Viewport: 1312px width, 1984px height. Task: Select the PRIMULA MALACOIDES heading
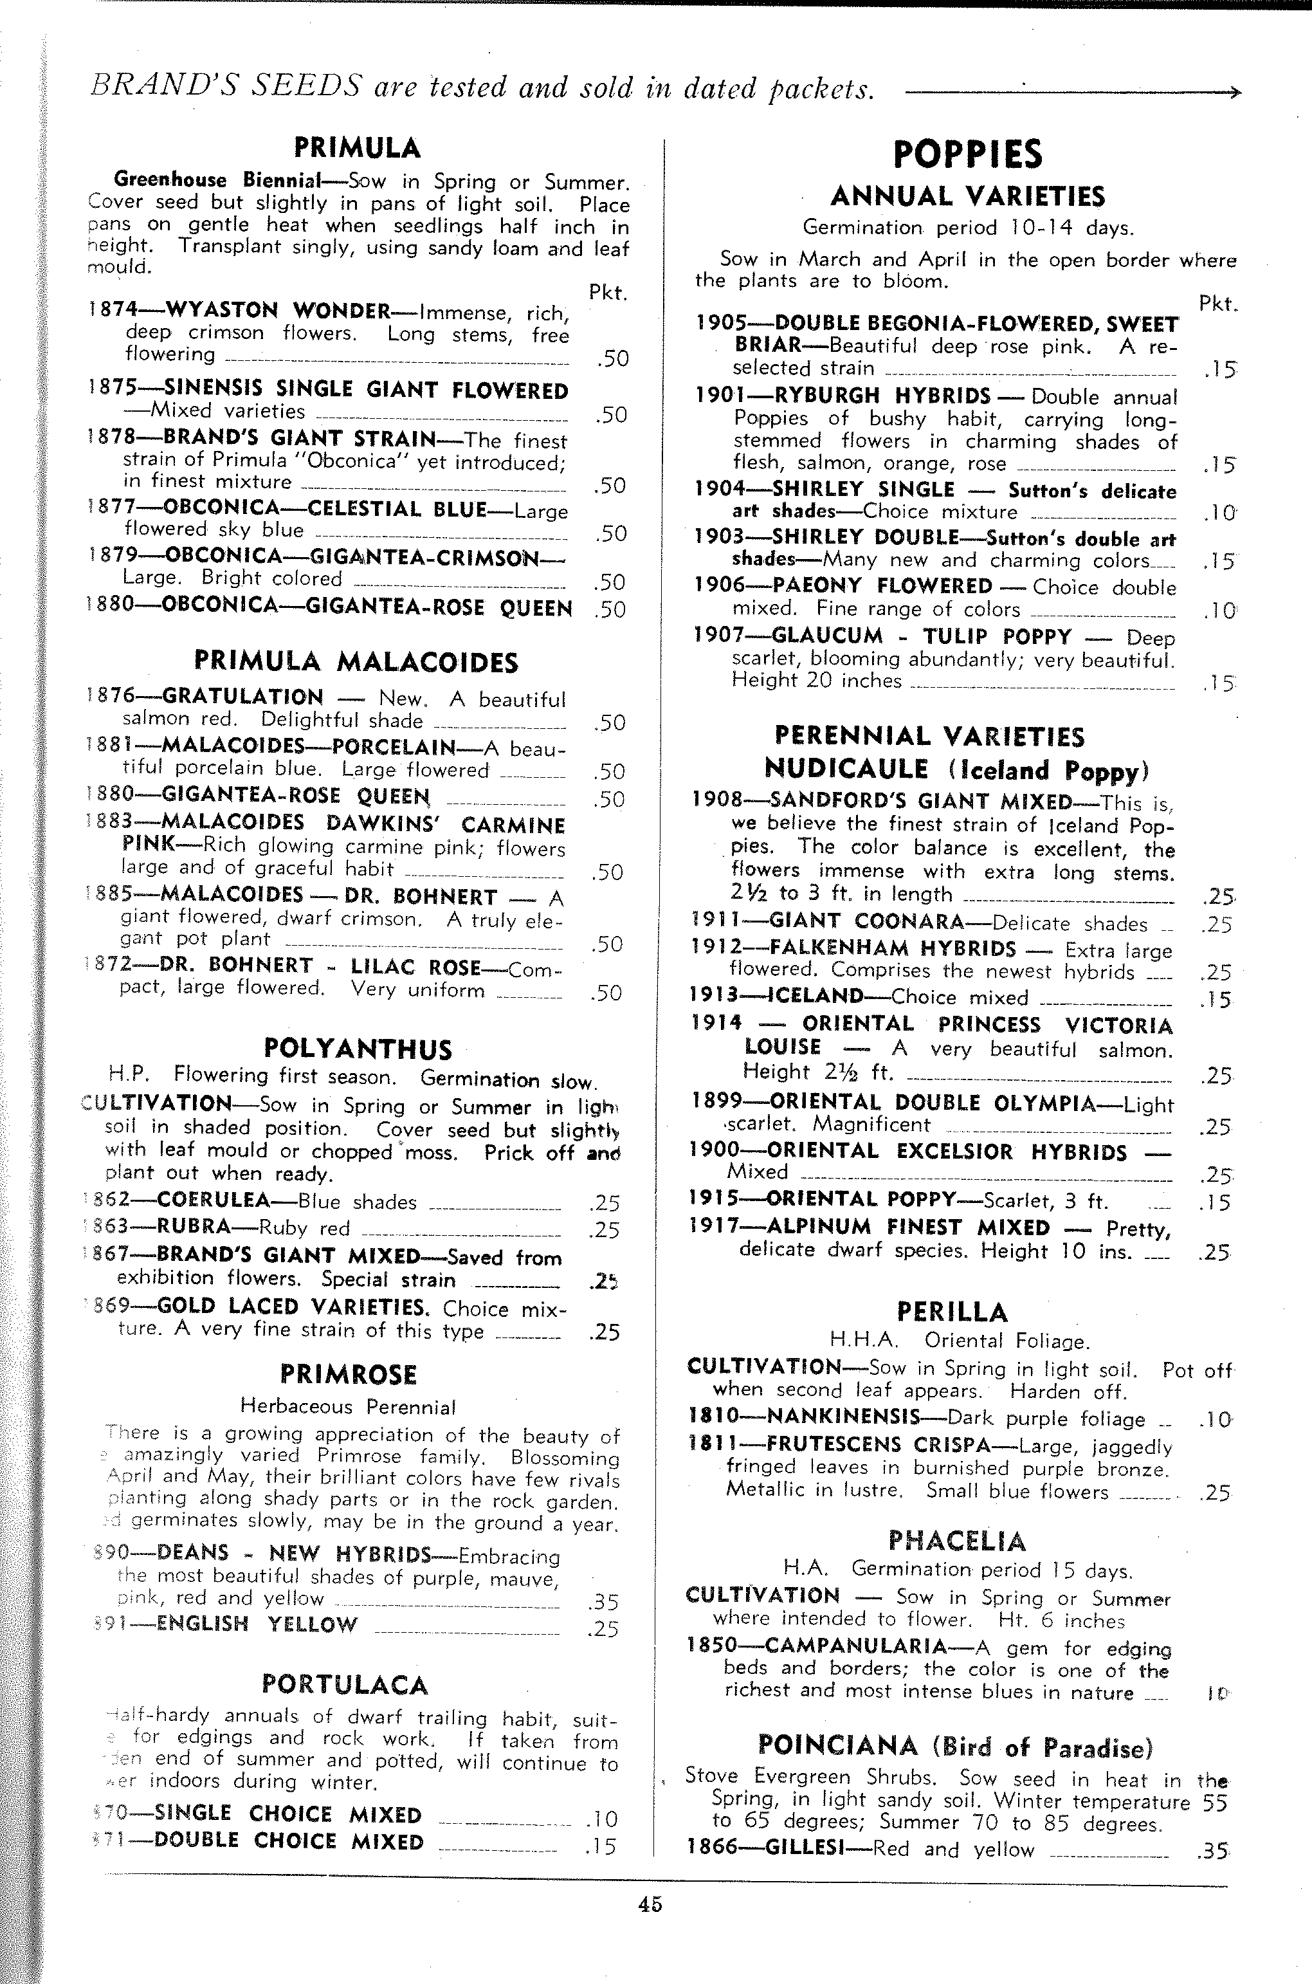point(356,662)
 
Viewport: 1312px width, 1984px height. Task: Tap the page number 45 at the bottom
point(650,1904)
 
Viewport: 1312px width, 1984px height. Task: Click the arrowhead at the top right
point(1234,93)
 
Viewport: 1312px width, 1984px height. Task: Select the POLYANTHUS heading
point(358,1049)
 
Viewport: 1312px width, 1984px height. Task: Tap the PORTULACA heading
point(344,1684)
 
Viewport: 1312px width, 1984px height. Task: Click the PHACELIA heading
point(956,1541)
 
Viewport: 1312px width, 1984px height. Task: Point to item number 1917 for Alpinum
point(715,1227)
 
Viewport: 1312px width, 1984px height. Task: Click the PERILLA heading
point(952,1311)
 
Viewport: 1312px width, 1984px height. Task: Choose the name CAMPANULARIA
point(855,1646)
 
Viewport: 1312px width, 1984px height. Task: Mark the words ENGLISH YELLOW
point(257,1624)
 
